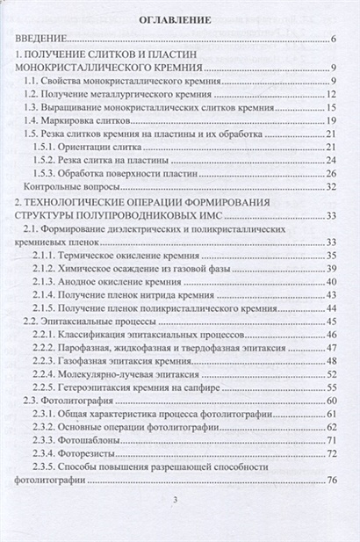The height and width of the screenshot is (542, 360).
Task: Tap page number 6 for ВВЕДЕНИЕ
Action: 335,40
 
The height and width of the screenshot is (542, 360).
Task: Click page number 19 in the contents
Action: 331,120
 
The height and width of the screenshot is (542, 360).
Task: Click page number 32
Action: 331,186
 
